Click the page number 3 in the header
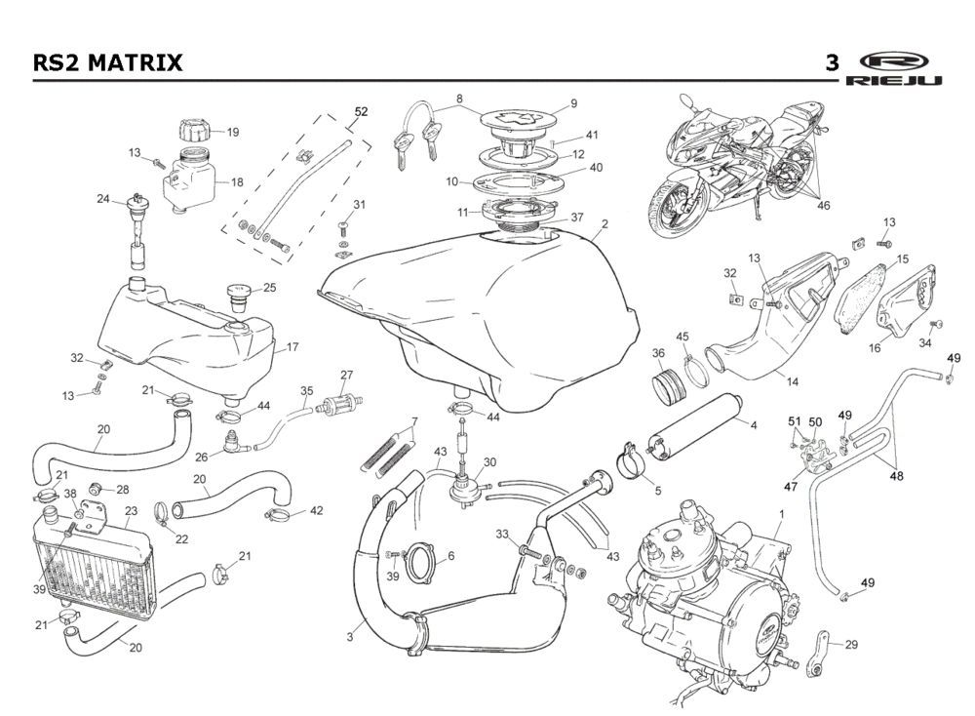[832, 63]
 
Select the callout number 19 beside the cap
[232, 132]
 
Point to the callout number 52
[361, 112]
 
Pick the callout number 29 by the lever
[851, 645]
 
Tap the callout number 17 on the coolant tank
[292, 346]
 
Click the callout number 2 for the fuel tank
[604, 223]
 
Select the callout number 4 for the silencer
[753, 424]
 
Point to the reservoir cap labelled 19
[192, 130]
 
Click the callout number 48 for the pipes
[896, 477]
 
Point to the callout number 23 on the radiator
[131, 509]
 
